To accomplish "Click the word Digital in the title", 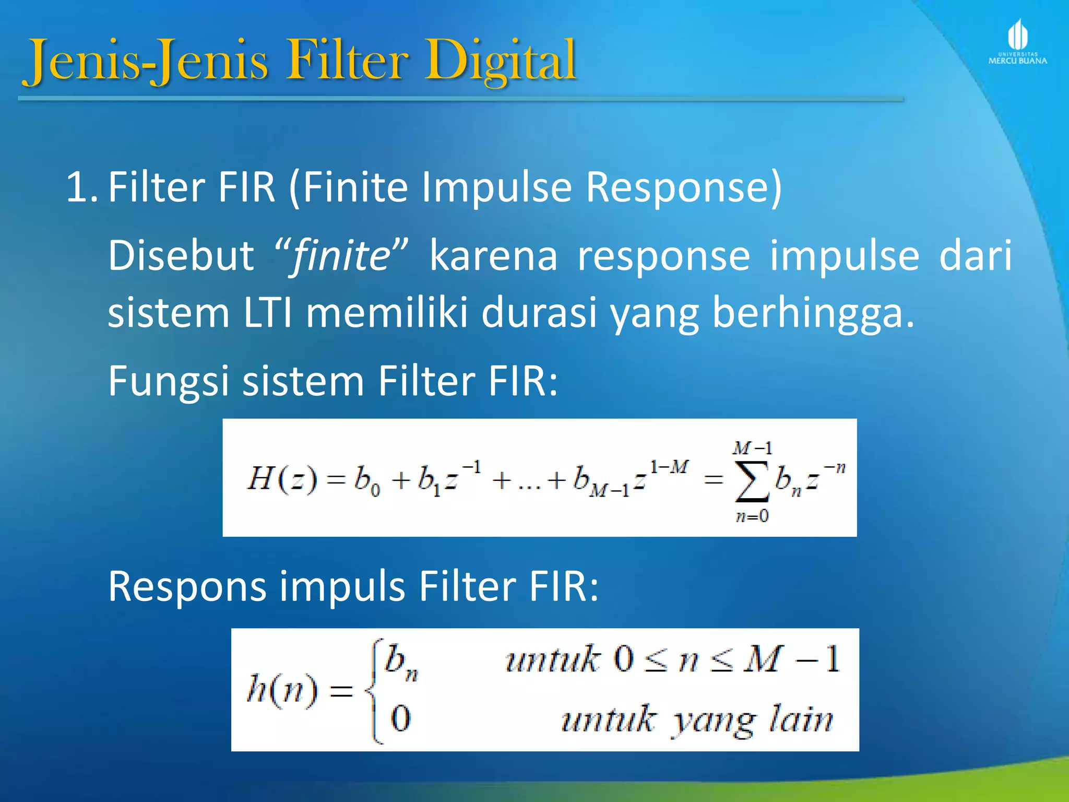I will click(x=500, y=62).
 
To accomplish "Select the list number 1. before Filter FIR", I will click(x=81, y=187).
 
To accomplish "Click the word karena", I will click(x=493, y=256).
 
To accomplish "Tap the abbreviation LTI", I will click(x=267, y=313).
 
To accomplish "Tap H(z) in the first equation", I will click(x=282, y=478).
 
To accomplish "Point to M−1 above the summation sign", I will click(x=752, y=448).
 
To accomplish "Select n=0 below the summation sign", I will click(x=752, y=516).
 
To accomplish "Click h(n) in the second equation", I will click(x=282, y=690).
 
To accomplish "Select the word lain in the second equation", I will click(x=801, y=720).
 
